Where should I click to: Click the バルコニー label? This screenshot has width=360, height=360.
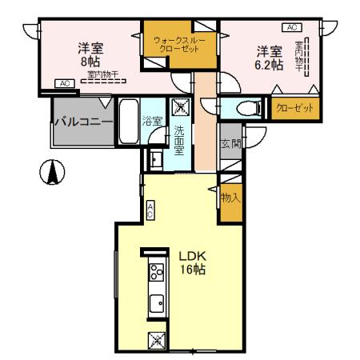tap(82, 122)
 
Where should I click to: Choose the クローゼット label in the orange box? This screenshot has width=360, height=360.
tap(294, 107)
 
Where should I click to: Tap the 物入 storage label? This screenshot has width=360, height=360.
tap(230, 196)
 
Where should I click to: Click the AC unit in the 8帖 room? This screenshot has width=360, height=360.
tap(63, 82)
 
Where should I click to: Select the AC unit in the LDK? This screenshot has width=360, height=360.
tap(150, 210)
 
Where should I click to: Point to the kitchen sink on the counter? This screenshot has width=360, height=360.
tap(155, 303)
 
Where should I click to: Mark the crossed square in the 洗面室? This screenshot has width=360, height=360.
tap(180, 107)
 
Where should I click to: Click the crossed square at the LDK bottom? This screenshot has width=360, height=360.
tap(156, 340)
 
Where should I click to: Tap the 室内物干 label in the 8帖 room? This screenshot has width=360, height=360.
tap(102, 74)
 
